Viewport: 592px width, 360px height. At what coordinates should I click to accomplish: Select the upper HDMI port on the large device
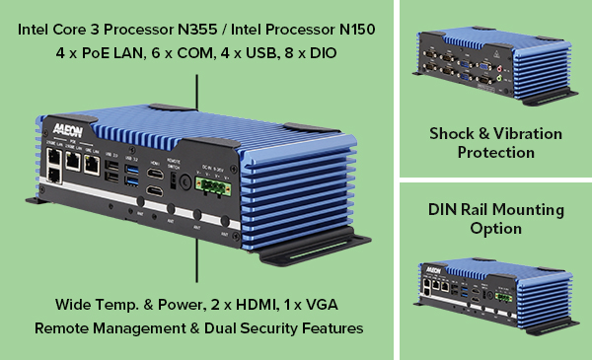click(156, 175)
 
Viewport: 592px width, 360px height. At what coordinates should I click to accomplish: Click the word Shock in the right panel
click(450, 133)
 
